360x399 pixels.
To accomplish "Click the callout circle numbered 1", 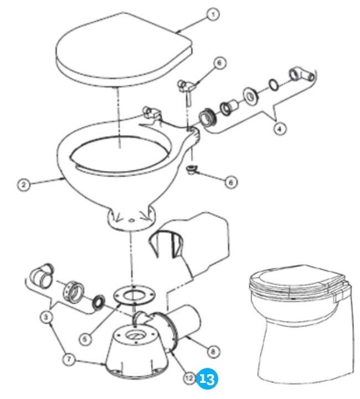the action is pyautogui.click(x=213, y=15).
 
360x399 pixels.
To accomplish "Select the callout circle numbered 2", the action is pyautogui.click(x=24, y=184).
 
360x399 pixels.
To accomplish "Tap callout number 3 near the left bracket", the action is pyautogui.click(x=46, y=317).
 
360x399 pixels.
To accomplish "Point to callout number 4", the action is pyautogui.click(x=280, y=129).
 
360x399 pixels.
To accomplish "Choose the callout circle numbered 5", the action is pyautogui.click(x=85, y=339).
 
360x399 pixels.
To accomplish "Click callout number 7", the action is pyautogui.click(x=69, y=359).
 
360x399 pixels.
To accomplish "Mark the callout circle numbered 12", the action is pyautogui.click(x=189, y=379).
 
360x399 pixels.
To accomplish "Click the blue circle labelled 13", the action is pyautogui.click(x=207, y=379).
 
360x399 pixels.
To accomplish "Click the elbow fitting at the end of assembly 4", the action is pyautogui.click(x=301, y=75).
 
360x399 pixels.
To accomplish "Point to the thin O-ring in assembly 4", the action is pyautogui.click(x=274, y=85).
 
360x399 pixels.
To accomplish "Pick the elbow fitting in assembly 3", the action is pyautogui.click(x=42, y=276).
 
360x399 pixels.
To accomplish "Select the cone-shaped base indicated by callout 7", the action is pyautogui.click(x=137, y=353).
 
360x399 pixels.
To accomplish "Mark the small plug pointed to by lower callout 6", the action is pyautogui.click(x=191, y=169).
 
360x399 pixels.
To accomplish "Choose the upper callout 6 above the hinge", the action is pyautogui.click(x=219, y=63).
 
